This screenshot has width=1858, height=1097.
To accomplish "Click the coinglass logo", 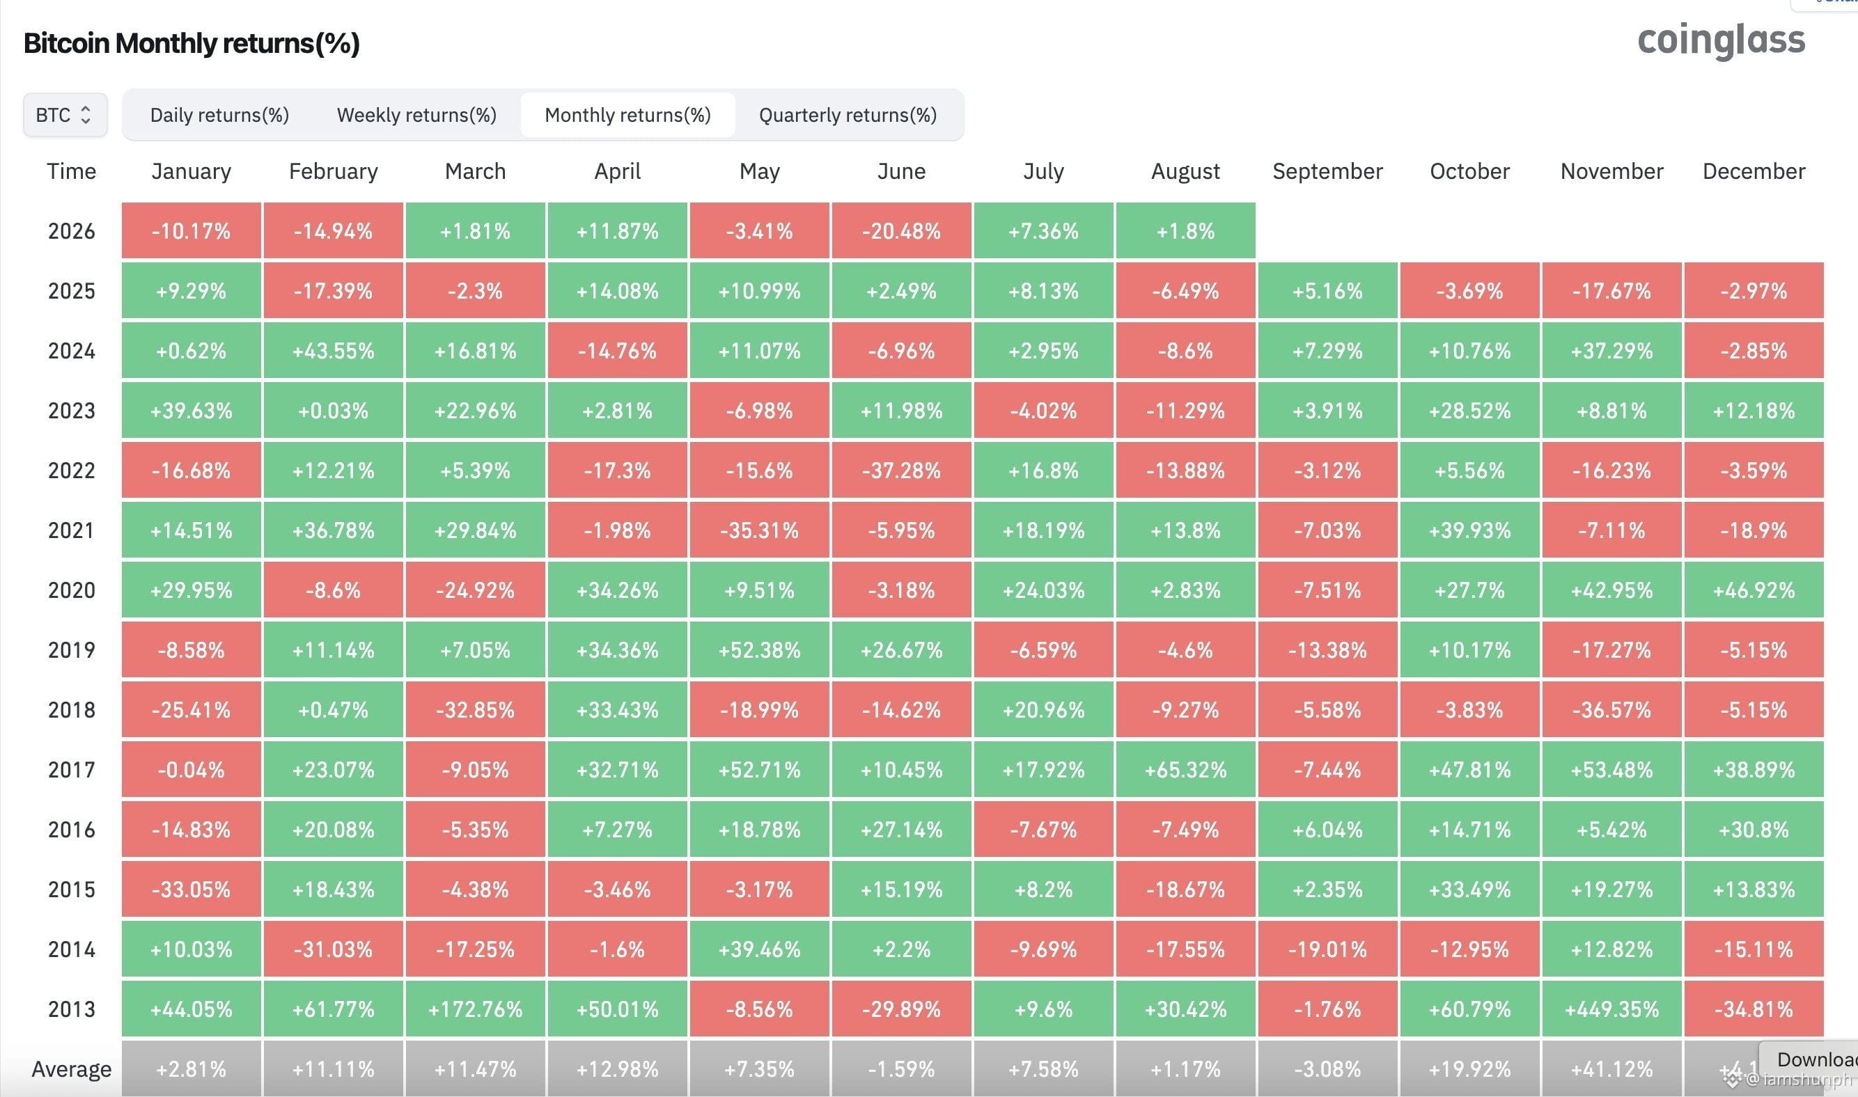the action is point(1721,40).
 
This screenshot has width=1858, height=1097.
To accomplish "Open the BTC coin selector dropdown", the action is point(65,115).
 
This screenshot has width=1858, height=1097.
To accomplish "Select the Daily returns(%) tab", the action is point(219,115).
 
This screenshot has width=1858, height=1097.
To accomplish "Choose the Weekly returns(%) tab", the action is point(416,115).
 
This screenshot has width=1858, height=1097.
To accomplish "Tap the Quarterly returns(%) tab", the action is point(848,115).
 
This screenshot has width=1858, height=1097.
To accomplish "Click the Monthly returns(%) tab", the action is point(627,115).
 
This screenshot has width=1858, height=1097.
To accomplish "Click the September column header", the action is point(1327,171).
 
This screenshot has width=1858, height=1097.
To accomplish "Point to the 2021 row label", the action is point(71,530).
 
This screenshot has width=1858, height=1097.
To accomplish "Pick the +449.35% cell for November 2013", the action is point(1611,1009).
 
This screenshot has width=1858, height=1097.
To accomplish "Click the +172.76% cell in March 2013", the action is point(476,1009).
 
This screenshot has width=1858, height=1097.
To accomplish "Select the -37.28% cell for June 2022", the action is point(901,470).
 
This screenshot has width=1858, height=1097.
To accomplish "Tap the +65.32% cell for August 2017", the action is point(1186,770).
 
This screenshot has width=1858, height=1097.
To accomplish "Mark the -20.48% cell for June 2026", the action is point(901,230).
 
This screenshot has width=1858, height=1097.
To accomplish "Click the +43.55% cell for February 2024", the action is point(334,350).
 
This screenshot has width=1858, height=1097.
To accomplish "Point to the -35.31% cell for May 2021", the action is point(759,530).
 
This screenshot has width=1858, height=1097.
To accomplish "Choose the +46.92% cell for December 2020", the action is point(1754,590).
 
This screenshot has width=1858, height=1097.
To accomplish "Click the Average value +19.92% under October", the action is point(1470,1069).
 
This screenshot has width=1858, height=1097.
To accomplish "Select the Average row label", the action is point(71,1069).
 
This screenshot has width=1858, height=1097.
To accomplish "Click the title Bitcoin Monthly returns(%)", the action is point(192,43).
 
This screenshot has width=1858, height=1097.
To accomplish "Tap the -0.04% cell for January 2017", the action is point(192,770).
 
